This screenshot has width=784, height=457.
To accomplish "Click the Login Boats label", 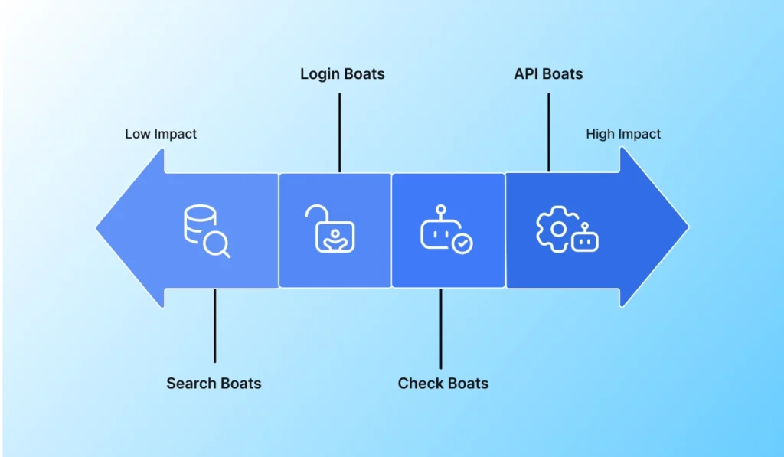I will point(342,74).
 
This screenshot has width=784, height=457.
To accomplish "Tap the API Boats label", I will point(548,74).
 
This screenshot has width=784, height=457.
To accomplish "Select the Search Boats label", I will point(214,383).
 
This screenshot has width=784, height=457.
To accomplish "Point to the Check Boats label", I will point(443,383).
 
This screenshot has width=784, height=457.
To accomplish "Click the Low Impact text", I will point(161,134).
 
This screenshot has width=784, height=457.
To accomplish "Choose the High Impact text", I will point(623,134).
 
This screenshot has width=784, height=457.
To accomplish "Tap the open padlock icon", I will point(330,229).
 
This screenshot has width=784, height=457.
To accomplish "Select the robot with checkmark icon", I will point(446,230).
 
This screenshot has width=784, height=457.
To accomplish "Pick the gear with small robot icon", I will point(566,230).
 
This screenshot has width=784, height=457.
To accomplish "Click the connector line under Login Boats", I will point(339,132).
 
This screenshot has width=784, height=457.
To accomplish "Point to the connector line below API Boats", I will point(548,132).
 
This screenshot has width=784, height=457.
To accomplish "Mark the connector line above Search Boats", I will point(215,325).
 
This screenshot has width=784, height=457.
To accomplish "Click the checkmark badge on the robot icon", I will point(462,244).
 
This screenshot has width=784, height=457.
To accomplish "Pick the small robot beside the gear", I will point(586,240).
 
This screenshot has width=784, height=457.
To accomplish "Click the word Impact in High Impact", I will point(639,134).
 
